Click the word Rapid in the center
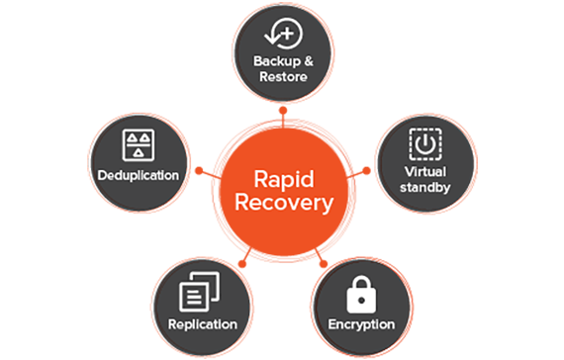[283, 181]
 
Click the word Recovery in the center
[283, 205]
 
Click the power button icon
[424, 144]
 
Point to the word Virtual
[424, 169]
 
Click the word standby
[424, 185]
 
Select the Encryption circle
[361, 301]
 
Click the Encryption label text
[361, 324]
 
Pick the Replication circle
[203, 300]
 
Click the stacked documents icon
[202, 293]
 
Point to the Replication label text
[203, 323]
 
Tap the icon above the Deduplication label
[138, 143]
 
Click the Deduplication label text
[138, 175]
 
